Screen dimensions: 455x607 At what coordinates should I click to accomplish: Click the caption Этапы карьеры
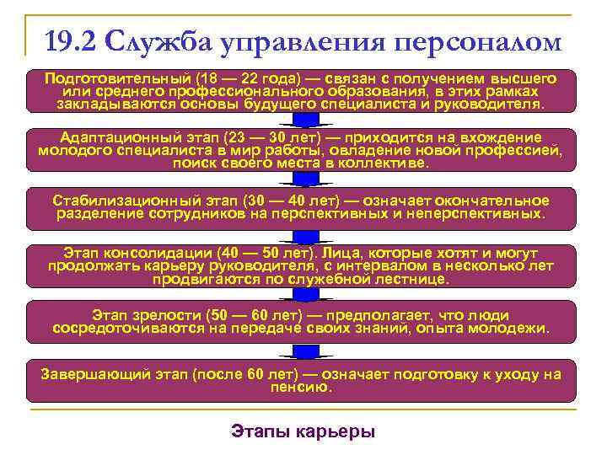tap(303, 431)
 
